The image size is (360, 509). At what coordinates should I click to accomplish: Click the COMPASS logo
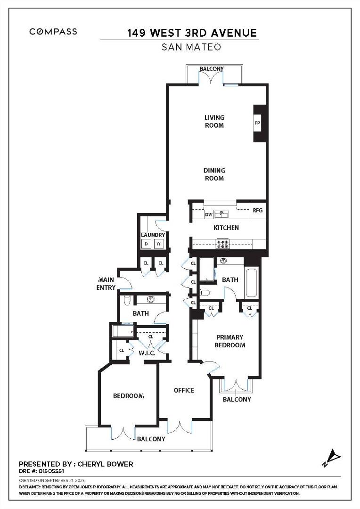pos(53,32)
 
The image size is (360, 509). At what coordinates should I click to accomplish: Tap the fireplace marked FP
pos(257,123)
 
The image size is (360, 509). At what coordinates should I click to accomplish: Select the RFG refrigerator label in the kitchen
pos(257,211)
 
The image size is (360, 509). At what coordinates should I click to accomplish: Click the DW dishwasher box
pos(208,214)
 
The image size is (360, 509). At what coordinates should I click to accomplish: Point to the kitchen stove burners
pos(222,244)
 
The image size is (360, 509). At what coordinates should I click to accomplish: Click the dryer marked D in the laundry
pos(147,244)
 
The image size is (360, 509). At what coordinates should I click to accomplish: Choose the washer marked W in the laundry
pos(159,244)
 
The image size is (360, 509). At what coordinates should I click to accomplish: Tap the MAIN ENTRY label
pos(106,283)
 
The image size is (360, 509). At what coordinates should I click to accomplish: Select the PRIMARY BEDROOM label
pos(230,341)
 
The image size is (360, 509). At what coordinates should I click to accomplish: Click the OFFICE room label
pos(184,390)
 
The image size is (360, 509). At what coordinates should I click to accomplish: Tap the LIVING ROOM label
pos(214,121)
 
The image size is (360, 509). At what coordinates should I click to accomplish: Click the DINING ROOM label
pos(214,174)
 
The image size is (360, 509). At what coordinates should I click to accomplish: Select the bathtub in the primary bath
pos(252,282)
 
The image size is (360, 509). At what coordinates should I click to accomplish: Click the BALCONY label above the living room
pos(212,69)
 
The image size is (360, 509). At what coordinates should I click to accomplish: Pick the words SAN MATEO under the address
pos(191,47)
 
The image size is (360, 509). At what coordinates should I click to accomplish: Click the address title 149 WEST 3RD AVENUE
pos(192,33)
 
